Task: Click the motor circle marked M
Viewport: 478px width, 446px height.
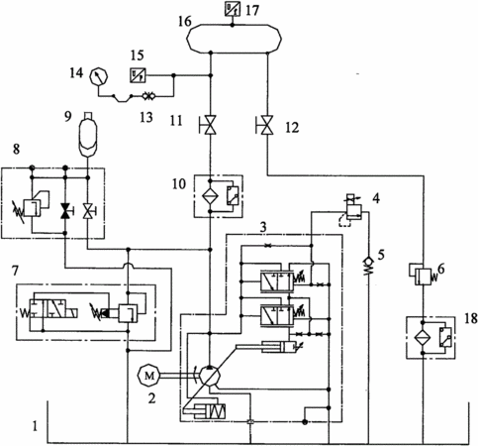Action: coord(148,375)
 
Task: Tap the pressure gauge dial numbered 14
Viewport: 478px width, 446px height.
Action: coord(99,76)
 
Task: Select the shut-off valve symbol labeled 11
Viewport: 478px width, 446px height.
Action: coord(210,125)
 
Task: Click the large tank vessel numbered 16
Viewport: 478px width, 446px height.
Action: coord(234,39)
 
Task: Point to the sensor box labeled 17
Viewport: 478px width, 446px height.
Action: coord(233,8)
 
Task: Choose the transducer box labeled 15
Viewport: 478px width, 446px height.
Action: coord(138,75)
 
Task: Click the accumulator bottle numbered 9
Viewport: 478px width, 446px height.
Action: coord(87,135)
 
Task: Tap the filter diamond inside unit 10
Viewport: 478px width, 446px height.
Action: coord(210,197)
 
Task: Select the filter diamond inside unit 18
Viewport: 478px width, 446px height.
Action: coord(423,337)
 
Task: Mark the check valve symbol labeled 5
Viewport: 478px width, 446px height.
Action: coord(369,266)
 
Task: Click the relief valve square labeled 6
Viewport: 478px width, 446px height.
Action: coord(424,277)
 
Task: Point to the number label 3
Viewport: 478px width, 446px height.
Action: coord(263,227)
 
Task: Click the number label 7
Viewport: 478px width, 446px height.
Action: coord(15,271)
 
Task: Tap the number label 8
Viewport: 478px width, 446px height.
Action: coord(16,150)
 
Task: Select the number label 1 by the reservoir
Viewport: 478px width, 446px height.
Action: coord(35,426)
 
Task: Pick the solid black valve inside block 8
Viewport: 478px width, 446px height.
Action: coord(65,210)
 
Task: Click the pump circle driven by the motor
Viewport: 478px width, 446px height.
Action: coord(210,376)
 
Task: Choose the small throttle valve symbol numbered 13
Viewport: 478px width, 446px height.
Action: coord(148,96)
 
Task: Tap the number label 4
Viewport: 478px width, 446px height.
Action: coord(376,198)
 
